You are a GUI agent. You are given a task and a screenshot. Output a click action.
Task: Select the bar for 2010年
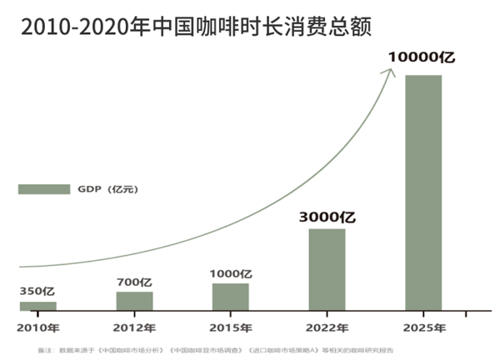tap(37, 307)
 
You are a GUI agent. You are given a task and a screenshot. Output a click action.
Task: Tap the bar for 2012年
tap(134, 301)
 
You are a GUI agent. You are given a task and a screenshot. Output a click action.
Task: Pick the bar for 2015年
tap(230, 297)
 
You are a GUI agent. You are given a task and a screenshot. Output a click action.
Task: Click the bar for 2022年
tap(327, 269)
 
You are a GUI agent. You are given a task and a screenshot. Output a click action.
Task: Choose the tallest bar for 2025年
tap(422, 192)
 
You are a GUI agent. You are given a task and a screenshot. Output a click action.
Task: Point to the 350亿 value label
tap(37, 292)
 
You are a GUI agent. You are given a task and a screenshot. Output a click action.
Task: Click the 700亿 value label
tap(134, 282)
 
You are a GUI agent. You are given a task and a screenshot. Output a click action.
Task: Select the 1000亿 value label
tap(230, 273)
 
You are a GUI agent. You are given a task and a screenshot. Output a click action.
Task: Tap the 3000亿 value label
tap(327, 217)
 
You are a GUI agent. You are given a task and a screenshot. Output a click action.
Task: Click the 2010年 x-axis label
tap(37, 327)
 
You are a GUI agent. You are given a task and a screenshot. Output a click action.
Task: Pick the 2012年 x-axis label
tap(134, 327)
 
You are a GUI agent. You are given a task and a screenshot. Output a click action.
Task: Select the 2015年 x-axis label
tap(230, 327)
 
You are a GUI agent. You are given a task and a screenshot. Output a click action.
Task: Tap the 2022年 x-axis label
tap(327, 327)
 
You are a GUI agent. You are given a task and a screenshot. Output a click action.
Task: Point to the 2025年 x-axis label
tap(422, 327)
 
